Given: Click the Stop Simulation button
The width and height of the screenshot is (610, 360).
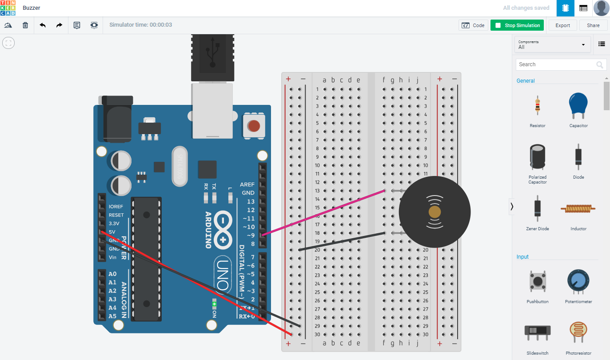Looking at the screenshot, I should pos(518,25).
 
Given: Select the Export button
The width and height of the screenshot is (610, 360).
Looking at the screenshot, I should pos(562,25).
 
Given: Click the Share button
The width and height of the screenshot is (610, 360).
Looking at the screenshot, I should pos(593,25).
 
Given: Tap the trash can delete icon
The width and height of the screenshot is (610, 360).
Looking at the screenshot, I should pos(25,25).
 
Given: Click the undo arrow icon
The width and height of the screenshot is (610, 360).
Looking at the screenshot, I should pos(43,25).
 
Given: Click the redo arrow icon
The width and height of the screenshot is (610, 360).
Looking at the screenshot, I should pos(59,25).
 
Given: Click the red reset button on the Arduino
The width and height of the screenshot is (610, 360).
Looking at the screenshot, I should pos(254,126).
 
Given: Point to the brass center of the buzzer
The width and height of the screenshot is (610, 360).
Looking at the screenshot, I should pos(435,212).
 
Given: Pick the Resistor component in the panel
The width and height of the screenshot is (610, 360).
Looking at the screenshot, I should pos(538,107).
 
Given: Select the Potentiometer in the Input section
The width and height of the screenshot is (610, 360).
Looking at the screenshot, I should pos(578,281).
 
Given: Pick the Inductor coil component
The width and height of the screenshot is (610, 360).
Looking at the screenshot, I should pos(578,208).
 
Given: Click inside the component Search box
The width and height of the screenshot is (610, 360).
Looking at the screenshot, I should pos(555,64).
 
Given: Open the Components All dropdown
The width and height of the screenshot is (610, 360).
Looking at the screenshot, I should pos(552,44).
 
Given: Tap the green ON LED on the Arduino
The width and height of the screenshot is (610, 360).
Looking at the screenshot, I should pos(214,305).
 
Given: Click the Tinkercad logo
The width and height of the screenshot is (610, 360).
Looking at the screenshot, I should pos(8,8).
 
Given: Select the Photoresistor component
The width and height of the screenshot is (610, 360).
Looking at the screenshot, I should pos(578,332).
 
